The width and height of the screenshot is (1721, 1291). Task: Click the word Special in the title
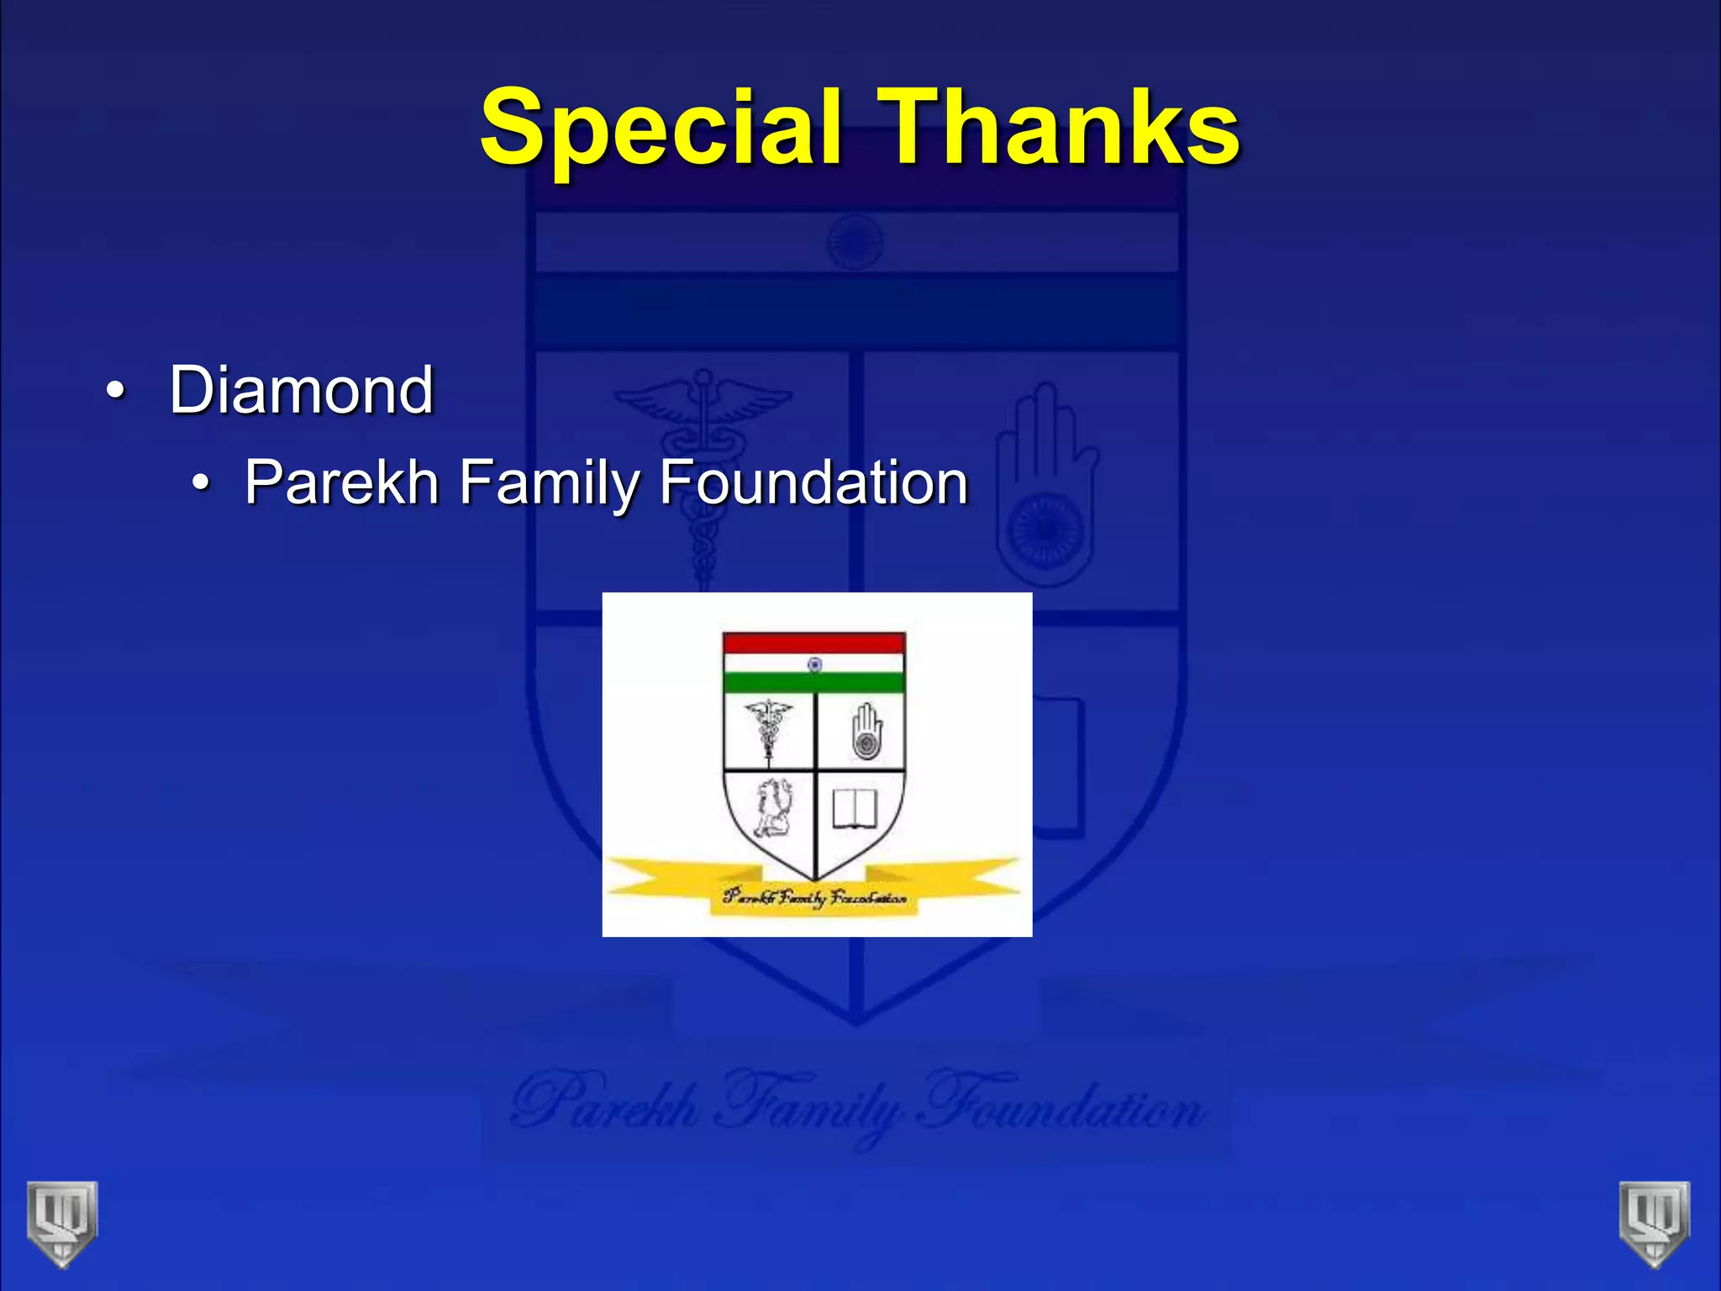661,128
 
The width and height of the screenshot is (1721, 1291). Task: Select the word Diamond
301,390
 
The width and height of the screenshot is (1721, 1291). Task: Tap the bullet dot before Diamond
115,392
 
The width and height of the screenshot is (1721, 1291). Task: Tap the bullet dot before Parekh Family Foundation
200,483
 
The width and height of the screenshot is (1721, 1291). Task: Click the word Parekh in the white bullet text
341,482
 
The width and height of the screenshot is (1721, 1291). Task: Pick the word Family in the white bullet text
549,482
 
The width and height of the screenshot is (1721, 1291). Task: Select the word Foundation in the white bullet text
813,482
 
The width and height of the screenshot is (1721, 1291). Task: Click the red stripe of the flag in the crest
813,644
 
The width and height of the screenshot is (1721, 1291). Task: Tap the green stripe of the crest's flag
813,682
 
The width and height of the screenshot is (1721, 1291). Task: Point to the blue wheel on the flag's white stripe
814,664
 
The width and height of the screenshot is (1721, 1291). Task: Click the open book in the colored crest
855,809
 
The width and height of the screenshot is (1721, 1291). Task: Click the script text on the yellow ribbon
814,898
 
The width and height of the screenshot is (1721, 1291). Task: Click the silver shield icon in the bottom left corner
62,1221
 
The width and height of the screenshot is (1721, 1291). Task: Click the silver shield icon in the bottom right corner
1654,1221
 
